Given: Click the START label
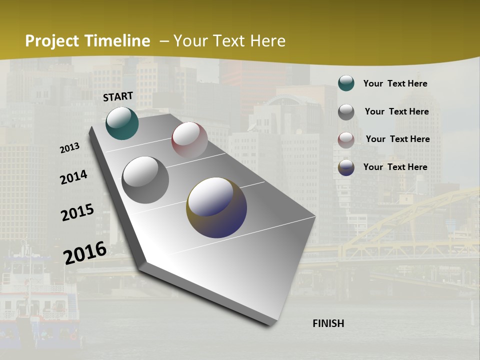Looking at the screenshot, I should click(118, 96).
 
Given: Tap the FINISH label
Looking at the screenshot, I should click(328, 323).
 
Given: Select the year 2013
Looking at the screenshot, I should click(70, 148).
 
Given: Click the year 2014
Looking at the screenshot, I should click(74, 177).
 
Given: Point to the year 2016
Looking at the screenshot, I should click(85, 252).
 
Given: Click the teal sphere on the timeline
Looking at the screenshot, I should click(122, 123).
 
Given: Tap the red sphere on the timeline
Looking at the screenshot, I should click(189, 140).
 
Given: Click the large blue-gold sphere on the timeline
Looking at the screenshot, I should click(216, 207).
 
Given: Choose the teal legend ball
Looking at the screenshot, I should click(346, 83).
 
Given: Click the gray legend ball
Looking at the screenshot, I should click(346, 112).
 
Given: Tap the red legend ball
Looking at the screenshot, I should click(346, 140).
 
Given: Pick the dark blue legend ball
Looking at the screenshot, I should click(346, 167).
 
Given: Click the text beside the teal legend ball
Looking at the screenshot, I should click(395, 83).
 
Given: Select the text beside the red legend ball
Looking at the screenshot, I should click(397, 139).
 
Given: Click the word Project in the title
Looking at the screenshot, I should click(52, 41).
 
